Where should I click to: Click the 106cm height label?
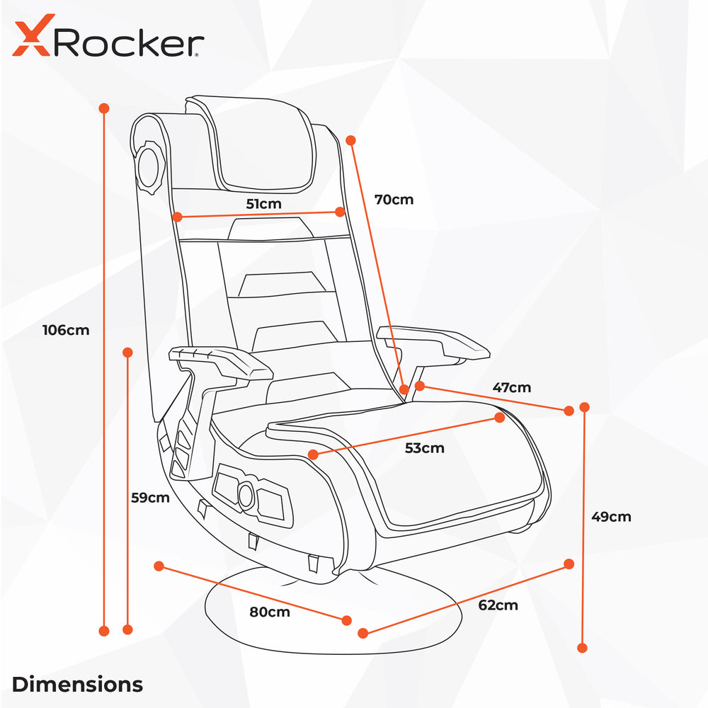66,330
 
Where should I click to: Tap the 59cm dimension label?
150,498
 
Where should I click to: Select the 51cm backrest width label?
263,204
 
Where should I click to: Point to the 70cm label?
394,200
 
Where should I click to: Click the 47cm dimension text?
512,387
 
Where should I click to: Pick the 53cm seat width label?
424,448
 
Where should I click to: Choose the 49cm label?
612,517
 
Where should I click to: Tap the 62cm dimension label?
498,605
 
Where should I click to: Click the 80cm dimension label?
270,612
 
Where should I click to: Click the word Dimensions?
77,684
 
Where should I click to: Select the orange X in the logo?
33,35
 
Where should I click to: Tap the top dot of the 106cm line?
104,108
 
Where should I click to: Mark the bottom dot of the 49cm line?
583,648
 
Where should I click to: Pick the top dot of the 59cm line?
127,352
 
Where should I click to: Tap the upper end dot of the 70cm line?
351,140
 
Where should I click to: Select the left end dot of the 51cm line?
178,217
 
